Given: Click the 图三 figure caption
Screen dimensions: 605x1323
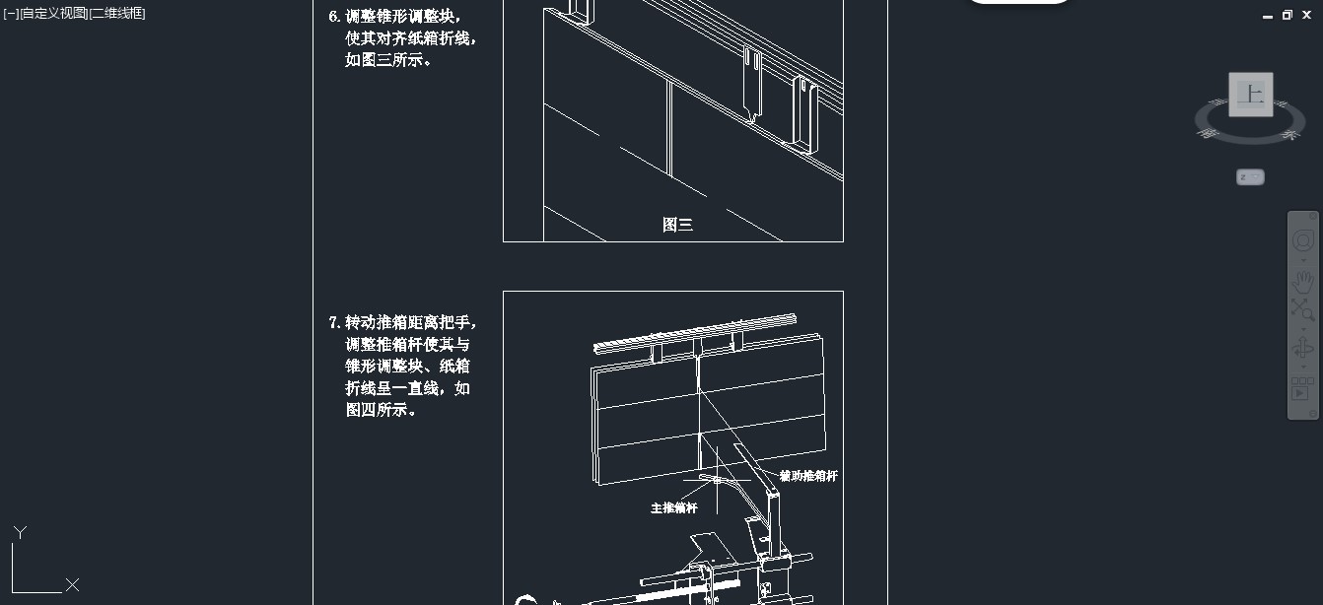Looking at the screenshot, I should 677,225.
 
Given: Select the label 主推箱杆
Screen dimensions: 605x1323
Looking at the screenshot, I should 673,508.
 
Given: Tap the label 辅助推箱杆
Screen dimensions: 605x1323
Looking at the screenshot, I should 807,476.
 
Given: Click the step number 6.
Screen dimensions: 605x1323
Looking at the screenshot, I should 333,17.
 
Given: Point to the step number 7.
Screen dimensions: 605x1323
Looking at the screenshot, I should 333,322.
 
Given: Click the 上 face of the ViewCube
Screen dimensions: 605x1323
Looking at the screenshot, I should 1250,95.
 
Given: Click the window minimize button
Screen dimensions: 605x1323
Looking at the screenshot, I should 1268,16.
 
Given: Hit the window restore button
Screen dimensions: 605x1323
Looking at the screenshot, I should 1288,15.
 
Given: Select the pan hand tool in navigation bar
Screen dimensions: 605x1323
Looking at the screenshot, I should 1302,281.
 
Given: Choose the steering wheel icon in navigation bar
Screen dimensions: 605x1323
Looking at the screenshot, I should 1302,241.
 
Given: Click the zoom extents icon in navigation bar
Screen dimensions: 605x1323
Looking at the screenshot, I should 1302,310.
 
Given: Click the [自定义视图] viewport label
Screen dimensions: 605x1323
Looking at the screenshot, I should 52,14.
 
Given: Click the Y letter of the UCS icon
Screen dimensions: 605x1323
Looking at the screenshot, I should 20,532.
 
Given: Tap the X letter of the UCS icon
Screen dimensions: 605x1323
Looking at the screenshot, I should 72,585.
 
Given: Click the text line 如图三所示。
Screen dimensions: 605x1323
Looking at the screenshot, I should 388,60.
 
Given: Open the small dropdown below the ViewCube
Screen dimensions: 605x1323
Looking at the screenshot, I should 1250,177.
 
